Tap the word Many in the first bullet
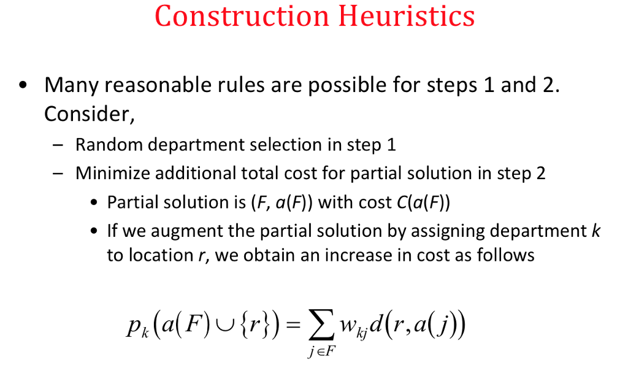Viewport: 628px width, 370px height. coord(71,85)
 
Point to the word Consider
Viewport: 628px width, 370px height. coord(89,114)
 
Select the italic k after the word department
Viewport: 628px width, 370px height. coord(595,231)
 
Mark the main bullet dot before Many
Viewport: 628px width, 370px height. coord(23,85)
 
